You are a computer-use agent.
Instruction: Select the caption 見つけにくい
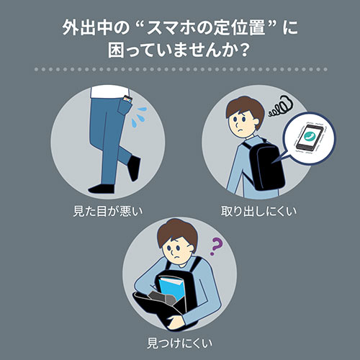pyautogui.click(x=179, y=341)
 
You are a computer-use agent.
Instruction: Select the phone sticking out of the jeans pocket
pyautogui.click(x=129, y=99)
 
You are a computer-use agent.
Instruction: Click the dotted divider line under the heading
pyautogui.click(x=179, y=70)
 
